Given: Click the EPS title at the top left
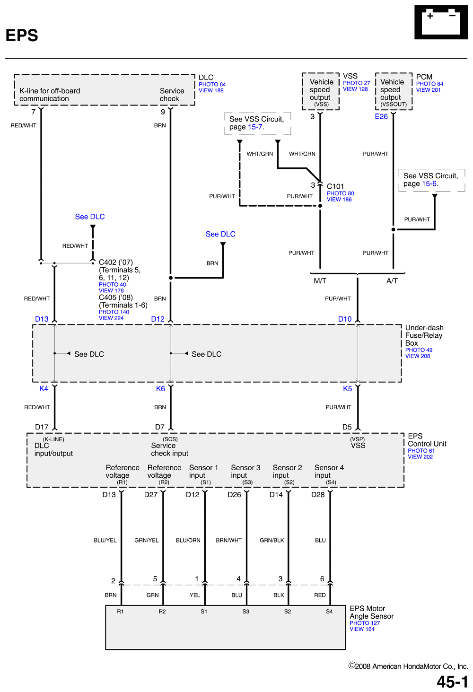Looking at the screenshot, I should click(22, 35).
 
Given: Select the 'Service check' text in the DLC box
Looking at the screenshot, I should click(172, 95).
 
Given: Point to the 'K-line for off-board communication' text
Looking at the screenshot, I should click(50, 95).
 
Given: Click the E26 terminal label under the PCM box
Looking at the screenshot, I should click(381, 116).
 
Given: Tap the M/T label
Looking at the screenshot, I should click(320, 281).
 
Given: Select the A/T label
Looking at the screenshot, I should click(392, 281).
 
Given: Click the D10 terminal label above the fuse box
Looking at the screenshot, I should click(345, 319).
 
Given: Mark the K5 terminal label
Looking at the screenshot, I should click(348, 388).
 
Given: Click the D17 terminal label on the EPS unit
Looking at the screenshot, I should click(42, 427).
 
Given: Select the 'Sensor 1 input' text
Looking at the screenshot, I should click(203, 472).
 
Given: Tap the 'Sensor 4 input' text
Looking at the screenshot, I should click(329, 472).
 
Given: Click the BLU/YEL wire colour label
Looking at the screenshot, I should click(105, 540).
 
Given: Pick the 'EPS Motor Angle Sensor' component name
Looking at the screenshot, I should click(371, 612).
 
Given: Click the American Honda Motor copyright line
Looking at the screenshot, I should click(408, 666).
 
